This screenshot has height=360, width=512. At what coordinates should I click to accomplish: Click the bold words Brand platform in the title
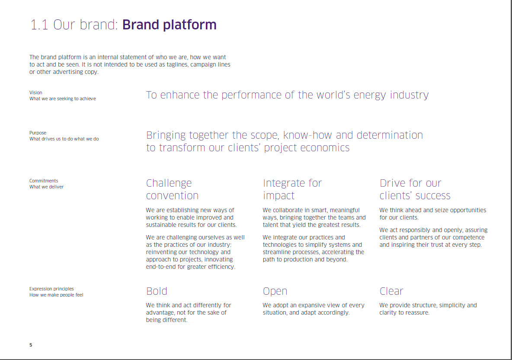[169, 25]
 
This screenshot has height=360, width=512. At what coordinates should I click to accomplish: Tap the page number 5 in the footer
[31, 345]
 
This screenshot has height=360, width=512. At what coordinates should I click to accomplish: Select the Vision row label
[36, 92]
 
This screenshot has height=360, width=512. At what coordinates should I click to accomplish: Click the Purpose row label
[38, 133]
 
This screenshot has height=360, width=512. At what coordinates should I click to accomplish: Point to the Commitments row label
[44, 181]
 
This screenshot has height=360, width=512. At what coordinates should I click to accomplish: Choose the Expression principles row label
[51, 289]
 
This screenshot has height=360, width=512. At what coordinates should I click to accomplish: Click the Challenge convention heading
[172, 189]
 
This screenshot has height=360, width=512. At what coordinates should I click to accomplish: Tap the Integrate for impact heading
[292, 189]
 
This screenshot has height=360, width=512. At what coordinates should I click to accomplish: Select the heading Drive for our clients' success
[415, 189]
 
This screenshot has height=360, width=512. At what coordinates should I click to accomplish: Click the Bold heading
[157, 291]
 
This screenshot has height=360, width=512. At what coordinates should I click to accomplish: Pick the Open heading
[275, 291]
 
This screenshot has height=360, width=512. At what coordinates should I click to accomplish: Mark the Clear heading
[391, 291]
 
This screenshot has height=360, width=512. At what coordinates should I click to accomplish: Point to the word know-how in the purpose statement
[307, 135]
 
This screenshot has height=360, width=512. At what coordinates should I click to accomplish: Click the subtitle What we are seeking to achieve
[63, 99]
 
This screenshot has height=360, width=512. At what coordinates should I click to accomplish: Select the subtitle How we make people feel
[56, 295]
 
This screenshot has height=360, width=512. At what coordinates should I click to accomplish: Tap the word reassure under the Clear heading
[416, 312]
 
